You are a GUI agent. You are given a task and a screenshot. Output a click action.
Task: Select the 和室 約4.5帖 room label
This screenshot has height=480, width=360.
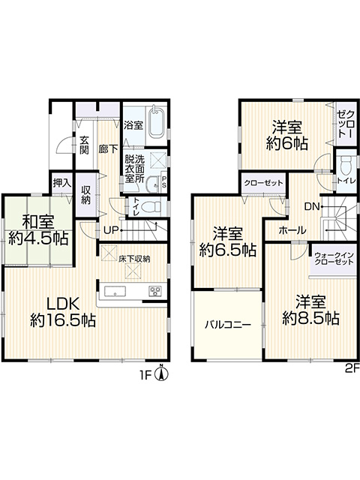click(38, 229)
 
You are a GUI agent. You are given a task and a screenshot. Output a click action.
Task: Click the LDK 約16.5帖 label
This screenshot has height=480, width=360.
click(63, 312)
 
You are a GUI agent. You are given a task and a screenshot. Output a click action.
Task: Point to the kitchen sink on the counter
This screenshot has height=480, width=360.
click(115, 291)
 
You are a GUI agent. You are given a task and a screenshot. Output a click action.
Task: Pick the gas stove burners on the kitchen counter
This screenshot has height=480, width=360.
click(155, 291)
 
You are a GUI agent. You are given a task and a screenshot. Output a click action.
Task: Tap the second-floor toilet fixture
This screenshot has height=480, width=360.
click(346, 166)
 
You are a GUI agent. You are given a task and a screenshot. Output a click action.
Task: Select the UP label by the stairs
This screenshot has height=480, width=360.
click(111, 230)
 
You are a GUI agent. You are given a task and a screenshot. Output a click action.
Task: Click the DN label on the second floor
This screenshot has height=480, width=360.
click(312, 207)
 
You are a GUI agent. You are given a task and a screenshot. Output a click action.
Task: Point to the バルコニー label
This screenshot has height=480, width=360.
click(228, 324)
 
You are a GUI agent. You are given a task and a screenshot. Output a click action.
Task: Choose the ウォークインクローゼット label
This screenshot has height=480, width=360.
click(334, 259)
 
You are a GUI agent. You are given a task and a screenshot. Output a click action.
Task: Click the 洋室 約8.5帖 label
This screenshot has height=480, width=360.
click(310, 310)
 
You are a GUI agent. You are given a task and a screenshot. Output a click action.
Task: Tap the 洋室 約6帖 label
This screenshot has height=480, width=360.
click(286, 135)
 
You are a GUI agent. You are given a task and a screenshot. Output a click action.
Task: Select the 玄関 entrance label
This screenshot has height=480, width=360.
click(84, 145)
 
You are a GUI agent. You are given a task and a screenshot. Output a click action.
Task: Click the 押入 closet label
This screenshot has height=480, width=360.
click(62, 183)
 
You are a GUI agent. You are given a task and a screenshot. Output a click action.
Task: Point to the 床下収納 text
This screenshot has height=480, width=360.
click(135, 259)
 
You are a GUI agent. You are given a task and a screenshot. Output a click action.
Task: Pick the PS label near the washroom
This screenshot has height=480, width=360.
click(164, 181)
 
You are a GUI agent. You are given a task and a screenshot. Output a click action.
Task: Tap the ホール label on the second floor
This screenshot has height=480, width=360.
click(292, 230)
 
